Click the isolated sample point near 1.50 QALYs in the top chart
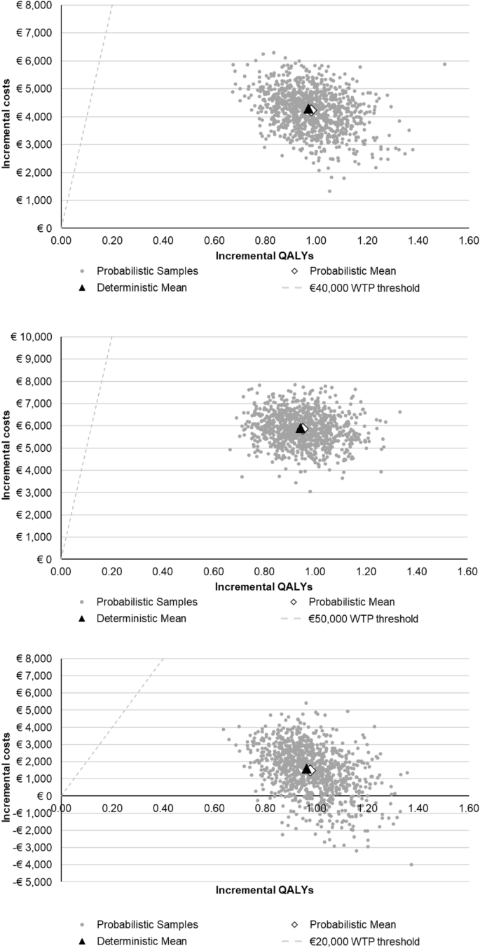(444, 64)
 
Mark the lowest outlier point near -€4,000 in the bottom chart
(411, 865)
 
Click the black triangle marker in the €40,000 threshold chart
(308, 109)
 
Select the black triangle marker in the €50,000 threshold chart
(300, 428)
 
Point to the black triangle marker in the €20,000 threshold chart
(306, 769)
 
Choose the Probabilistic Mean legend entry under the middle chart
(351, 602)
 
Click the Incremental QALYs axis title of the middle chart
(264, 585)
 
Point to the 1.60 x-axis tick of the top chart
(467, 240)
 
